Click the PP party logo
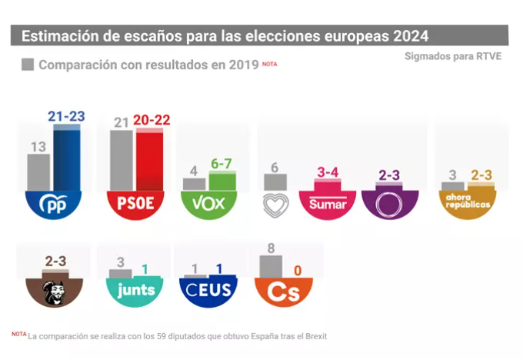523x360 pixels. pyautogui.click(x=54, y=204)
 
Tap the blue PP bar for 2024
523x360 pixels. pyautogui.click(x=67, y=158)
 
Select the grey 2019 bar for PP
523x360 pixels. pyautogui.click(x=38, y=172)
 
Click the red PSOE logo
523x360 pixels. pyautogui.click(x=135, y=204)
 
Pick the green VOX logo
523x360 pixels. pyautogui.click(x=208, y=204)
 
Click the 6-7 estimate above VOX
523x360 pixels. pyautogui.click(x=222, y=164)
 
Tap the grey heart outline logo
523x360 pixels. pyautogui.click(x=275, y=205)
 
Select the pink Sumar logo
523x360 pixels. pyautogui.click(x=328, y=204)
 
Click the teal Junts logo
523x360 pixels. pyautogui.click(x=132, y=290)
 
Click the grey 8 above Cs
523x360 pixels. pyautogui.click(x=271, y=248)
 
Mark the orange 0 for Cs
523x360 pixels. pyautogui.click(x=298, y=270)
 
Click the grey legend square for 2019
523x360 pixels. pyautogui.click(x=28, y=65)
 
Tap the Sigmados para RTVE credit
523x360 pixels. pyautogui.click(x=452, y=57)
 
